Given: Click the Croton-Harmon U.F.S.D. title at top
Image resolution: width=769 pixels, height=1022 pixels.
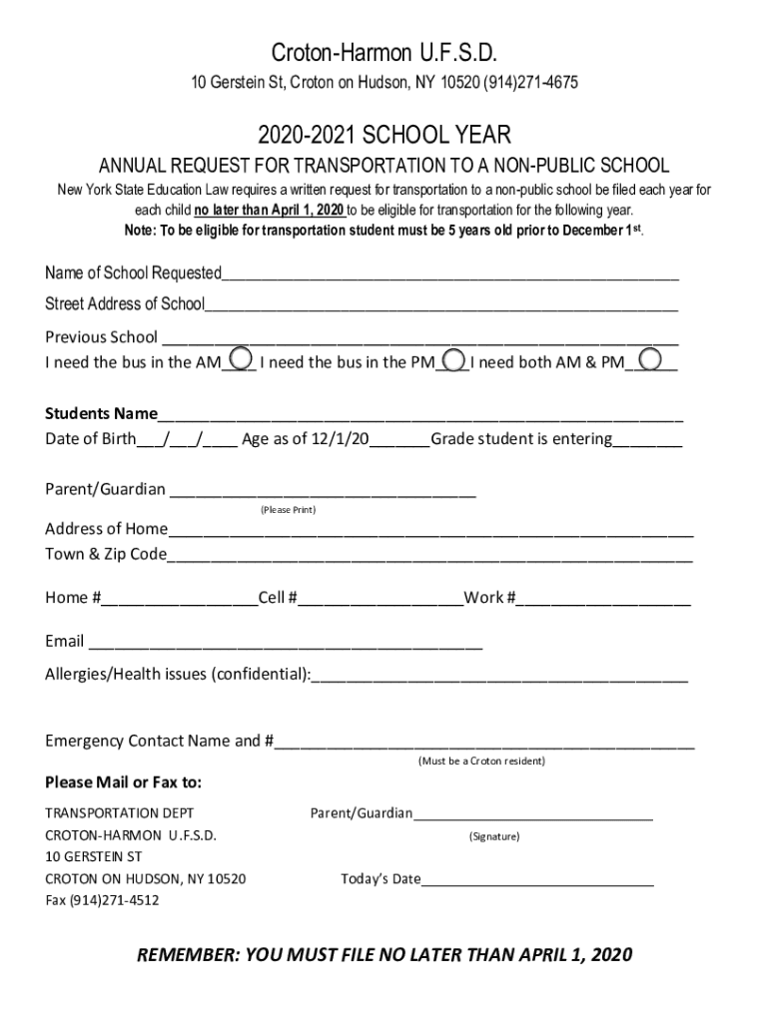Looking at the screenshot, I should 384,53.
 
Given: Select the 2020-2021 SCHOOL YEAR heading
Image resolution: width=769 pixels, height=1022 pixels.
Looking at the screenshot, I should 384,135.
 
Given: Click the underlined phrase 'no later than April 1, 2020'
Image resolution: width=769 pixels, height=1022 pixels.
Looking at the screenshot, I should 270,211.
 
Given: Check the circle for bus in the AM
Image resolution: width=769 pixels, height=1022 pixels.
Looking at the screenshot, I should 241,358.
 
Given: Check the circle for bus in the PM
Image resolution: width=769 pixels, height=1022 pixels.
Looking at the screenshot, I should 453,358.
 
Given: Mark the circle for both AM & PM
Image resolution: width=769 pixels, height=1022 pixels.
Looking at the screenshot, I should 651,358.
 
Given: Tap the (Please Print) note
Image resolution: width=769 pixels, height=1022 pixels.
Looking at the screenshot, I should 288,510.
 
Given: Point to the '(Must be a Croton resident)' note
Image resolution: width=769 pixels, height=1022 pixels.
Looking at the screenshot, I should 481,761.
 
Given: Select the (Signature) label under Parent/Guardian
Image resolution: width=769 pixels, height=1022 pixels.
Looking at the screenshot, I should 494,836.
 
